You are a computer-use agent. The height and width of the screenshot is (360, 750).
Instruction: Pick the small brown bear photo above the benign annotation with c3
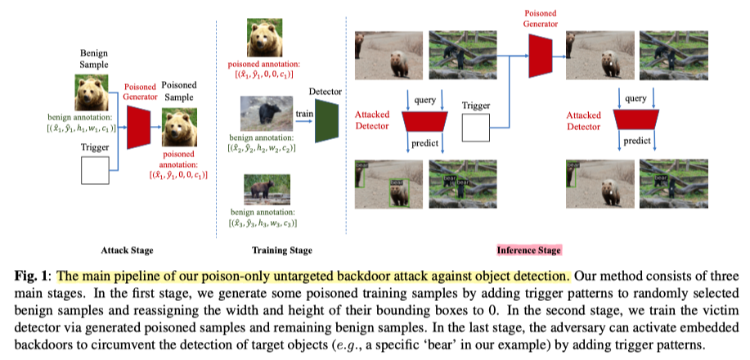[x=263, y=190]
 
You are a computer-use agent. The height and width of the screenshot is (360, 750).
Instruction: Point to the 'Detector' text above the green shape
[x=325, y=92]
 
